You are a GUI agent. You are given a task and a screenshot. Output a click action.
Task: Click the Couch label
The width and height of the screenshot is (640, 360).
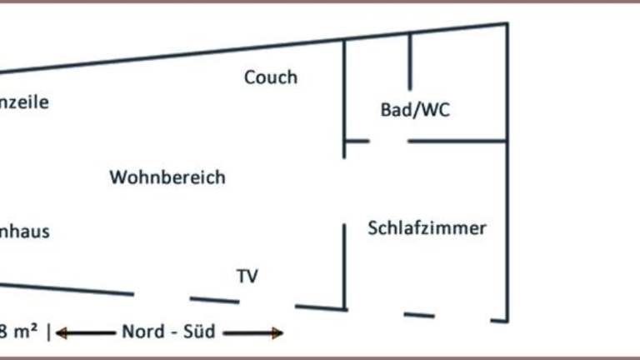coord(270,77)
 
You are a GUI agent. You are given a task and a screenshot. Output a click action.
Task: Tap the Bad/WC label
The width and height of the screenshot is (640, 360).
coord(414,109)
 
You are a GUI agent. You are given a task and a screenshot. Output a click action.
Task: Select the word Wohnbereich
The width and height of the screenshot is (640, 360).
coord(167,177)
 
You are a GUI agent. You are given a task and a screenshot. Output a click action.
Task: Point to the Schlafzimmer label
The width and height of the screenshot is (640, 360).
coord(427,227)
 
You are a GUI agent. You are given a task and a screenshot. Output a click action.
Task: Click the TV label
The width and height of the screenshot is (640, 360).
coord(247,276)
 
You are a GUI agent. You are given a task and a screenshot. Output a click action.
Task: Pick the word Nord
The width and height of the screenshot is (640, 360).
coord(143,332)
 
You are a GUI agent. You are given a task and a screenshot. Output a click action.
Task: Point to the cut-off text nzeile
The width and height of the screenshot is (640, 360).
coord(24,103)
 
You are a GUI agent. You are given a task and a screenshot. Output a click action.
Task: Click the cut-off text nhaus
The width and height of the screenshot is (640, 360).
coord(24,232)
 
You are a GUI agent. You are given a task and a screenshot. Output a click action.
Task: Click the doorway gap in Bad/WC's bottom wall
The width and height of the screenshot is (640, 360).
coord(388,142)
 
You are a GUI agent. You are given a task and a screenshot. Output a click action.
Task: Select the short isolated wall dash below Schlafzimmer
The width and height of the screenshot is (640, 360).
coord(418,315)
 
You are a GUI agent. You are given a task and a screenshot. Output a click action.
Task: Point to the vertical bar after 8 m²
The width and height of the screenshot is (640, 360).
coord(49,332)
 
